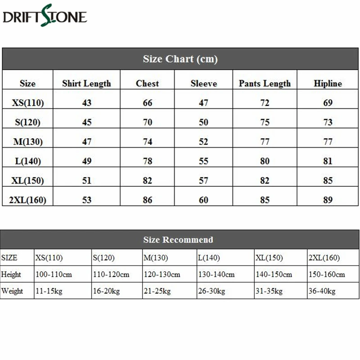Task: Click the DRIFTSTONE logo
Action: (x=45, y=17)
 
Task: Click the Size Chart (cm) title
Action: (x=180, y=59)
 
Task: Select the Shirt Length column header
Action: (x=86, y=83)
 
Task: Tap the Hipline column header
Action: (x=328, y=83)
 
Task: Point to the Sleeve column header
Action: (x=203, y=83)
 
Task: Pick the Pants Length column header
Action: (x=265, y=83)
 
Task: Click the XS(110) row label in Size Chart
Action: (x=27, y=103)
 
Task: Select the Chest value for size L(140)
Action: (x=148, y=161)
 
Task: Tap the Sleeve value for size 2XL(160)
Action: (x=203, y=199)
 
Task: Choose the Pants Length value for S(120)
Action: (x=265, y=122)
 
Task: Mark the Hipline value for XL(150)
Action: (x=328, y=180)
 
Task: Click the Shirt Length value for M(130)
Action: (x=86, y=141)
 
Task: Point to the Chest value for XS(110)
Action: (x=148, y=103)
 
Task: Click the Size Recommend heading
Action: (x=178, y=240)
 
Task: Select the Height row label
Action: (x=11, y=274)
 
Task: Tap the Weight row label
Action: (x=12, y=291)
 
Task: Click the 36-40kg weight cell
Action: (x=322, y=291)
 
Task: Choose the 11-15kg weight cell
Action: (x=49, y=291)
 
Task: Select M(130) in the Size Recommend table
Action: (x=156, y=258)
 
